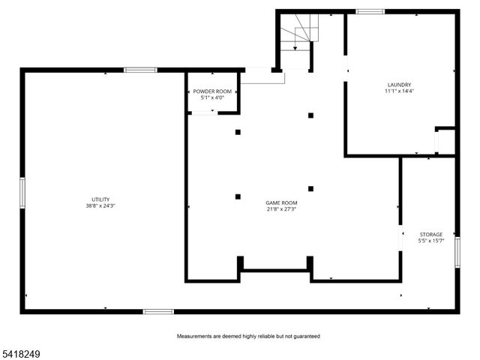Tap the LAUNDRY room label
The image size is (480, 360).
tap(399, 85)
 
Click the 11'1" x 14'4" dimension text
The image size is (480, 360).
tap(399, 91)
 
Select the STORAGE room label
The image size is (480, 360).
tap(430, 234)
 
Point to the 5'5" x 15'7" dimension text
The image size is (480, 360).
tap(430, 241)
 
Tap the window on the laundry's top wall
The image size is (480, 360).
tap(370, 11)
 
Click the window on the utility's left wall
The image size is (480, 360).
tap(22, 192)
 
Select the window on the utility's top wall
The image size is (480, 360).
tap(140, 70)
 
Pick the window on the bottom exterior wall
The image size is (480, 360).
tap(158, 311)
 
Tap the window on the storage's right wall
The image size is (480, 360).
tap(457, 251)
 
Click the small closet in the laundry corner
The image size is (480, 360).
tap(445, 142)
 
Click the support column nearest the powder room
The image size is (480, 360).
tap(238, 132)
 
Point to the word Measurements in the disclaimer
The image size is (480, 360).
tap(196, 336)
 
